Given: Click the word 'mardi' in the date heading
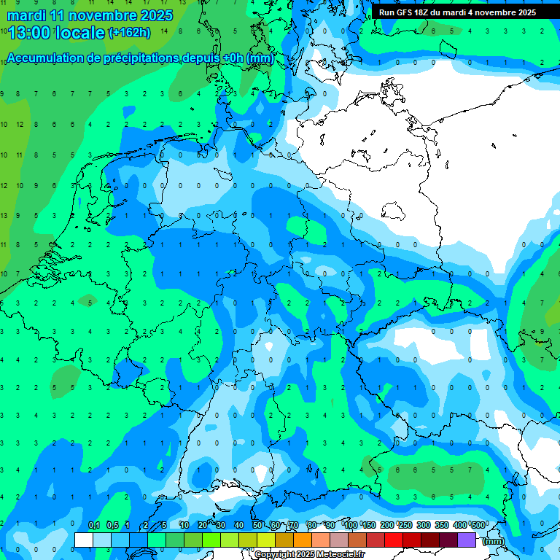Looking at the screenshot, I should [26, 15].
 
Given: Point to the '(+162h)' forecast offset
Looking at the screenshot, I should [129, 33].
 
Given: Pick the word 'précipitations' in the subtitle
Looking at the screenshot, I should [135, 58].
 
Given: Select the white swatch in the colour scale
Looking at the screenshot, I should [84, 540].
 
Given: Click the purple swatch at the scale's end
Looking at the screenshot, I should [467, 540].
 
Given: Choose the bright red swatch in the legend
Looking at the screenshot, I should [394, 540].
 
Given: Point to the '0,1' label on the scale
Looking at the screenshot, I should [94, 526].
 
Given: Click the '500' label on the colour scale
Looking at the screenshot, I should [478, 526].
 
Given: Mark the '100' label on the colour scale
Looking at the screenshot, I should [351, 526].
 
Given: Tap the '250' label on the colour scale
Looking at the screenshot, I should [405, 526].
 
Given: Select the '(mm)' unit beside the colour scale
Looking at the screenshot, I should [493, 541].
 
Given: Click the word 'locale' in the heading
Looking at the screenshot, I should [82, 33].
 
